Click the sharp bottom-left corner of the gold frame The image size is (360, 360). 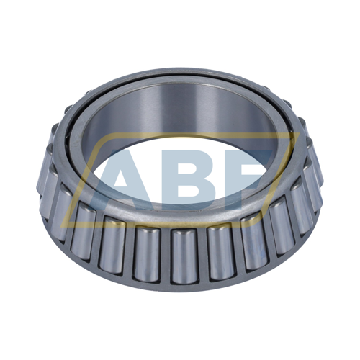60,227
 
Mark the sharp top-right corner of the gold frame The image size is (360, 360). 300,134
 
